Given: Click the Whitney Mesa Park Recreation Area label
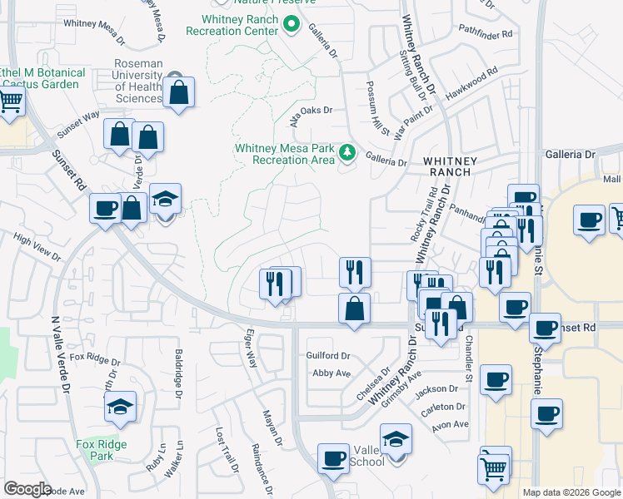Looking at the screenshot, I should pos(284,154).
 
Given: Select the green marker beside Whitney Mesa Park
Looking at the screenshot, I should pos(347,153).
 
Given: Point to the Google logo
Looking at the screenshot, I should pos(27,489).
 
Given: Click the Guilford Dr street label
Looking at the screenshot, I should pos(328,355).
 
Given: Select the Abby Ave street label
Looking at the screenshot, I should pos(331,373).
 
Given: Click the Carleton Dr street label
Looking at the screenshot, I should pos(442,407).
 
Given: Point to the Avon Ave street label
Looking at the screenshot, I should pos(450,424).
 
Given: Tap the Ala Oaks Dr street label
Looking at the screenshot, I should pos(311,111).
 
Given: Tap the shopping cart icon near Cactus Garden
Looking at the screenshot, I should pos(10,101).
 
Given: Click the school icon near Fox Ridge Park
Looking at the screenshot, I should pos(121,408).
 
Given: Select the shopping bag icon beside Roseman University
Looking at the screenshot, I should pos(179,92).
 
